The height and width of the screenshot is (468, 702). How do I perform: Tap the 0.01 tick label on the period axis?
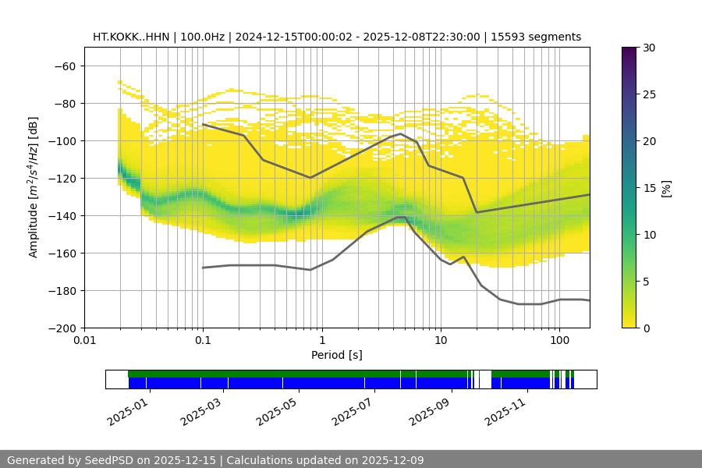84,341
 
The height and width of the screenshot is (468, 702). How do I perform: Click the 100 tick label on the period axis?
558,341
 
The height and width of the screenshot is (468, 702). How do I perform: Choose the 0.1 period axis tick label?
203,341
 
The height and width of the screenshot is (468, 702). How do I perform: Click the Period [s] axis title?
337,355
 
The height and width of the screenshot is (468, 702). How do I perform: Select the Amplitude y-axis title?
34,187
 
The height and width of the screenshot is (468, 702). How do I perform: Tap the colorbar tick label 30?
648,48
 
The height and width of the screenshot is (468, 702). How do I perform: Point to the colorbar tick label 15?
648,188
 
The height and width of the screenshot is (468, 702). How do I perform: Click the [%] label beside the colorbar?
666,188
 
